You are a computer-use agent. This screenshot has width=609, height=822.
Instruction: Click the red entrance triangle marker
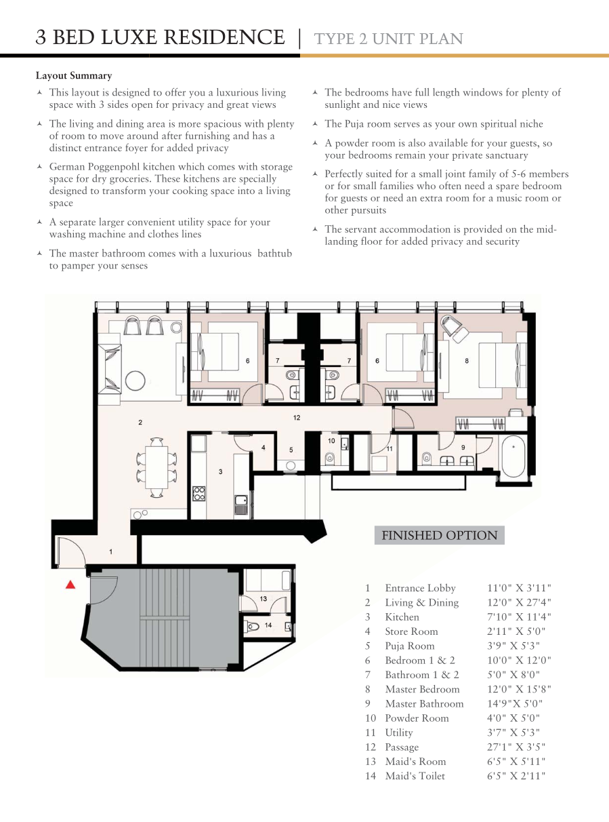pyautogui.click(x=70, y=585)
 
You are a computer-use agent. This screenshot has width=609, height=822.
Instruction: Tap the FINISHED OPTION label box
pyautogui.click(x=440, y=535)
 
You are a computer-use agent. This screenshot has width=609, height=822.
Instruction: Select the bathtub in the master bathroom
pyautogui.click(x=513, y=456)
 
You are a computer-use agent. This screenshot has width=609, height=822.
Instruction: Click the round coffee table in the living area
pyautogui.click(x=135, y=380)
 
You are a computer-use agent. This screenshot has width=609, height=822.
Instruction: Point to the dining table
pyautogui.click(x=156, y=467)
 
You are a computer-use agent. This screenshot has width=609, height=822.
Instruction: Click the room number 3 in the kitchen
pyautogui.click(x=221, y=472)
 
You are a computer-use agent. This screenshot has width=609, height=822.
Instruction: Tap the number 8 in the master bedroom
pyautogui.click(x=467, y=361)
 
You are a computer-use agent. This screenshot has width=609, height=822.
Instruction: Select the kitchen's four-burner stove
pyautogui.click(x=198, y=494)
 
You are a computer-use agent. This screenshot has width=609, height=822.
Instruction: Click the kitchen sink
pyautogui.click(x=241, y=505)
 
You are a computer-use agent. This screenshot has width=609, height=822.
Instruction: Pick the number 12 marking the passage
pyautogui.click(x=297, y=418)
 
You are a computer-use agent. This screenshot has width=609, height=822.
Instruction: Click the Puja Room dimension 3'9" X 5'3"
pyautogui.click(x=513, y=646)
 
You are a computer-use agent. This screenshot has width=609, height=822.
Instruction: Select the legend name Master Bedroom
pyautogui.click(x=422, y=689)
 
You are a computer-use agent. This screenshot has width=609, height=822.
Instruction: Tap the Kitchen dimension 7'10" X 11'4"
pyautogui.click(x=519, y=616)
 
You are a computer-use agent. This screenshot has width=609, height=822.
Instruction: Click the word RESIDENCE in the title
pyautogui.click(x=224, y=37)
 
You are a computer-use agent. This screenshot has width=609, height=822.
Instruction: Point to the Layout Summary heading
pyautogui.click(x=74, y=75)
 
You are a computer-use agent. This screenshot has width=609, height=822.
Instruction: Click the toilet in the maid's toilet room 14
pyautogui.click(x=253, y=626)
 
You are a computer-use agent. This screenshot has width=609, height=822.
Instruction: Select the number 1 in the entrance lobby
pyautogui.click(x=110, y=552)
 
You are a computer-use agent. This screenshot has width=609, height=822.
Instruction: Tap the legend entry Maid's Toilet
pyautogui.click(x=415, y=776)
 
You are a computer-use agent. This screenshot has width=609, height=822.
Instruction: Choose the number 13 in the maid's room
pyautogui.click(x=264, y=598)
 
